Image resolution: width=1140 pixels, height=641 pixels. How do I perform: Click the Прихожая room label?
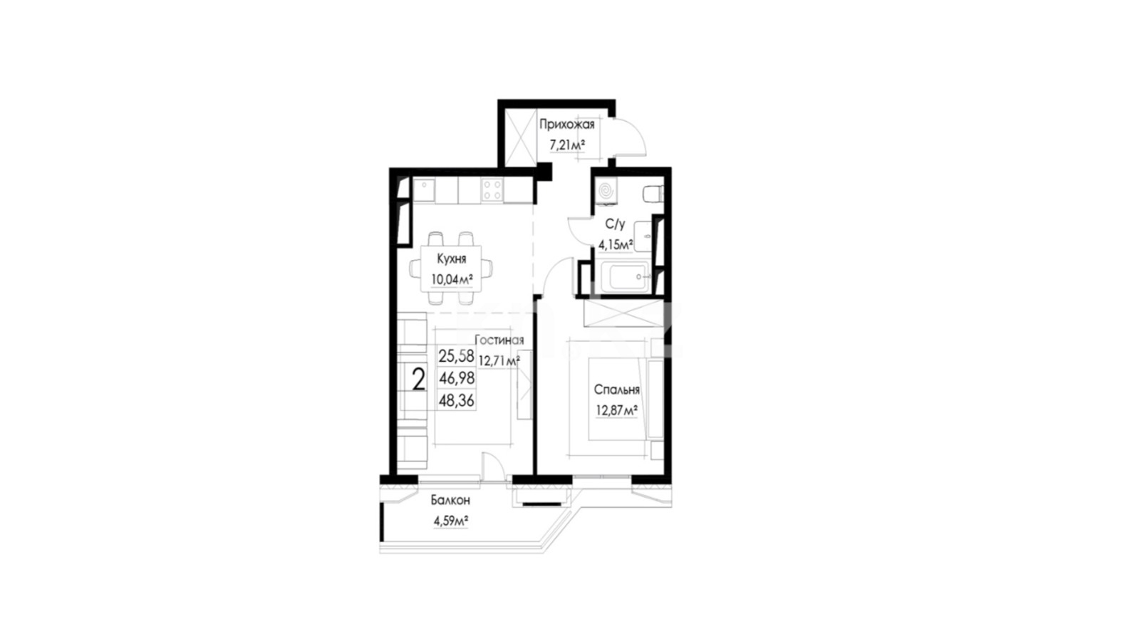(567, 125)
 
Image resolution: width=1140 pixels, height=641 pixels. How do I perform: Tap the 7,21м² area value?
(567, 145)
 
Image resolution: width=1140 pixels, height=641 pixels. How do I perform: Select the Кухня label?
(452, 259)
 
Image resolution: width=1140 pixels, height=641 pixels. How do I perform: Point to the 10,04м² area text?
(452, 279)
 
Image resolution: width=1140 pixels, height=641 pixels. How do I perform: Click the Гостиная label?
(499, 340)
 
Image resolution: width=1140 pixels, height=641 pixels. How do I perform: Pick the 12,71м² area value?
(499, 361)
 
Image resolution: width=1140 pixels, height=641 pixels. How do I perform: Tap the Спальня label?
(617, 390)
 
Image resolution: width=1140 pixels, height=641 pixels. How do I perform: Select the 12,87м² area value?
(617, 410)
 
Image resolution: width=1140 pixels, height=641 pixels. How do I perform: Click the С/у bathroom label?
(616, 224)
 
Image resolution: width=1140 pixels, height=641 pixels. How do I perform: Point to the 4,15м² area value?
(616, 245)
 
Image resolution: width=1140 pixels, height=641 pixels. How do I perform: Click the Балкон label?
(450, 501)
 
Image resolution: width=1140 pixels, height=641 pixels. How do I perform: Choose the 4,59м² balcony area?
(451, 521)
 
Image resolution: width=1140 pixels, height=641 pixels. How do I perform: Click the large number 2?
(418, 380)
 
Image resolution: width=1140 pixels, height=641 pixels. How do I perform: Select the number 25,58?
(457, 355)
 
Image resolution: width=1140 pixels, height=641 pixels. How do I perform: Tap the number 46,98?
(457, 378)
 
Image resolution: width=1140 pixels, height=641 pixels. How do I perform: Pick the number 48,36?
(457, 401)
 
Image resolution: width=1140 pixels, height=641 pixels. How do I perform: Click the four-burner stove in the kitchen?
(492, 190)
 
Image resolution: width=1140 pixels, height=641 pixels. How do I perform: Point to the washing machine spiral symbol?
(606, 192)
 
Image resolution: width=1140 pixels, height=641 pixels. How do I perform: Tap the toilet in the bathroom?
(653, 194)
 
